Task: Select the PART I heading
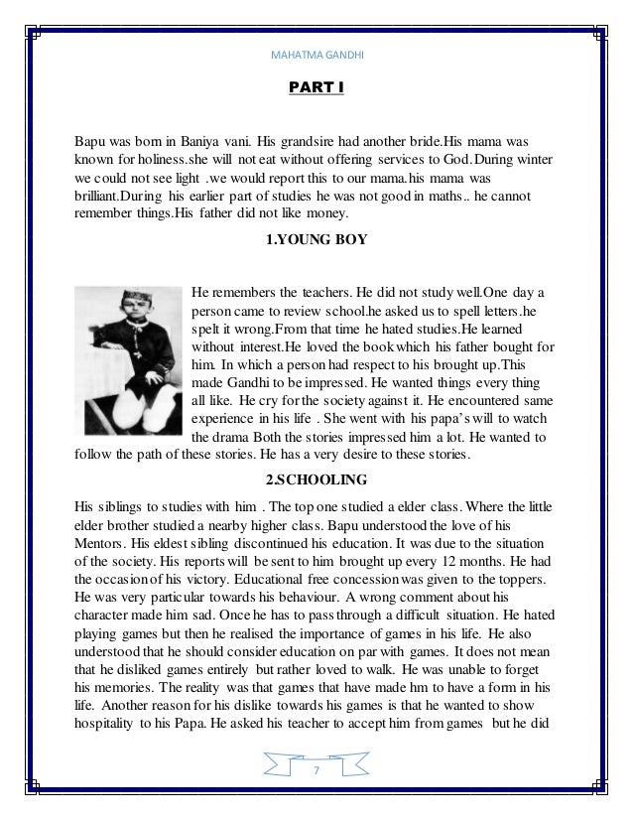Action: pyautogui.click(x=316, y=89)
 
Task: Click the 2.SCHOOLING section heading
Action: pyautogui.click(x=316, y=483)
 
